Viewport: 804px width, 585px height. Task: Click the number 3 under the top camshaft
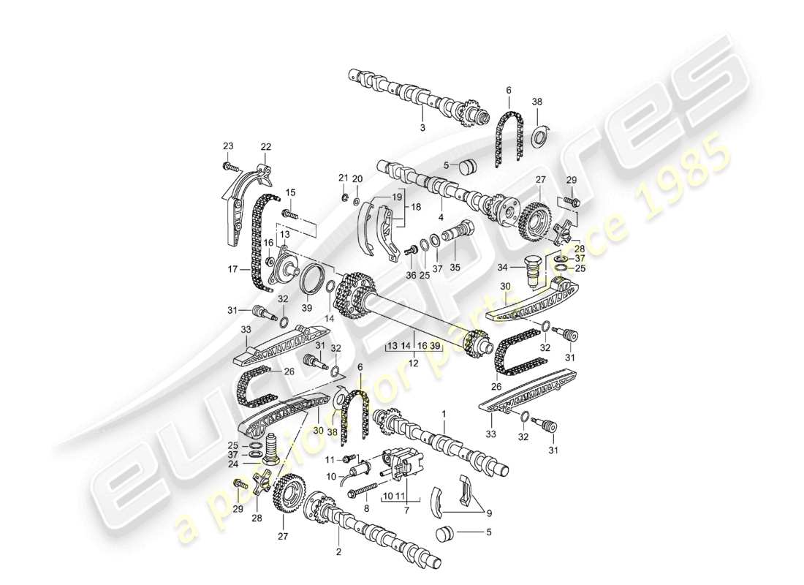point(422,128)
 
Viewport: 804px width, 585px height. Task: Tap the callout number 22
point(265,146)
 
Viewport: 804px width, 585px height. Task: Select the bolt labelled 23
point(232,167)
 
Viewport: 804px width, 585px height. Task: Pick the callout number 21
point(343,178)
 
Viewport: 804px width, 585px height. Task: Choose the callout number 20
point(357,178)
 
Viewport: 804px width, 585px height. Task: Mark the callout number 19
point(397,197)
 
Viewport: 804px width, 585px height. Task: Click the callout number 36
point(411,275)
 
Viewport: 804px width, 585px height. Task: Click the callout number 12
point(414,363)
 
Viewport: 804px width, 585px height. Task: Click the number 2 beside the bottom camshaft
point(339,553)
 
